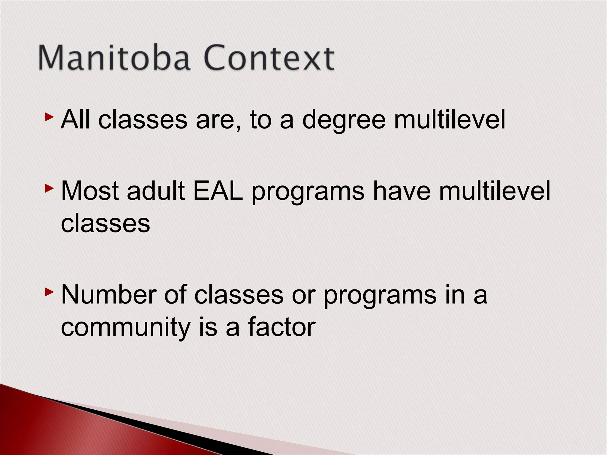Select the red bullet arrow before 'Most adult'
[x=49, y=188]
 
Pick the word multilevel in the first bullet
[x=449, y=120]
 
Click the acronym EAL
[x=218, y=191]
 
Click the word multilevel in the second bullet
[x=495, y=191]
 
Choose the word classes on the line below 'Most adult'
[x=106, y=224]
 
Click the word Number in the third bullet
[x=108, y=295]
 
